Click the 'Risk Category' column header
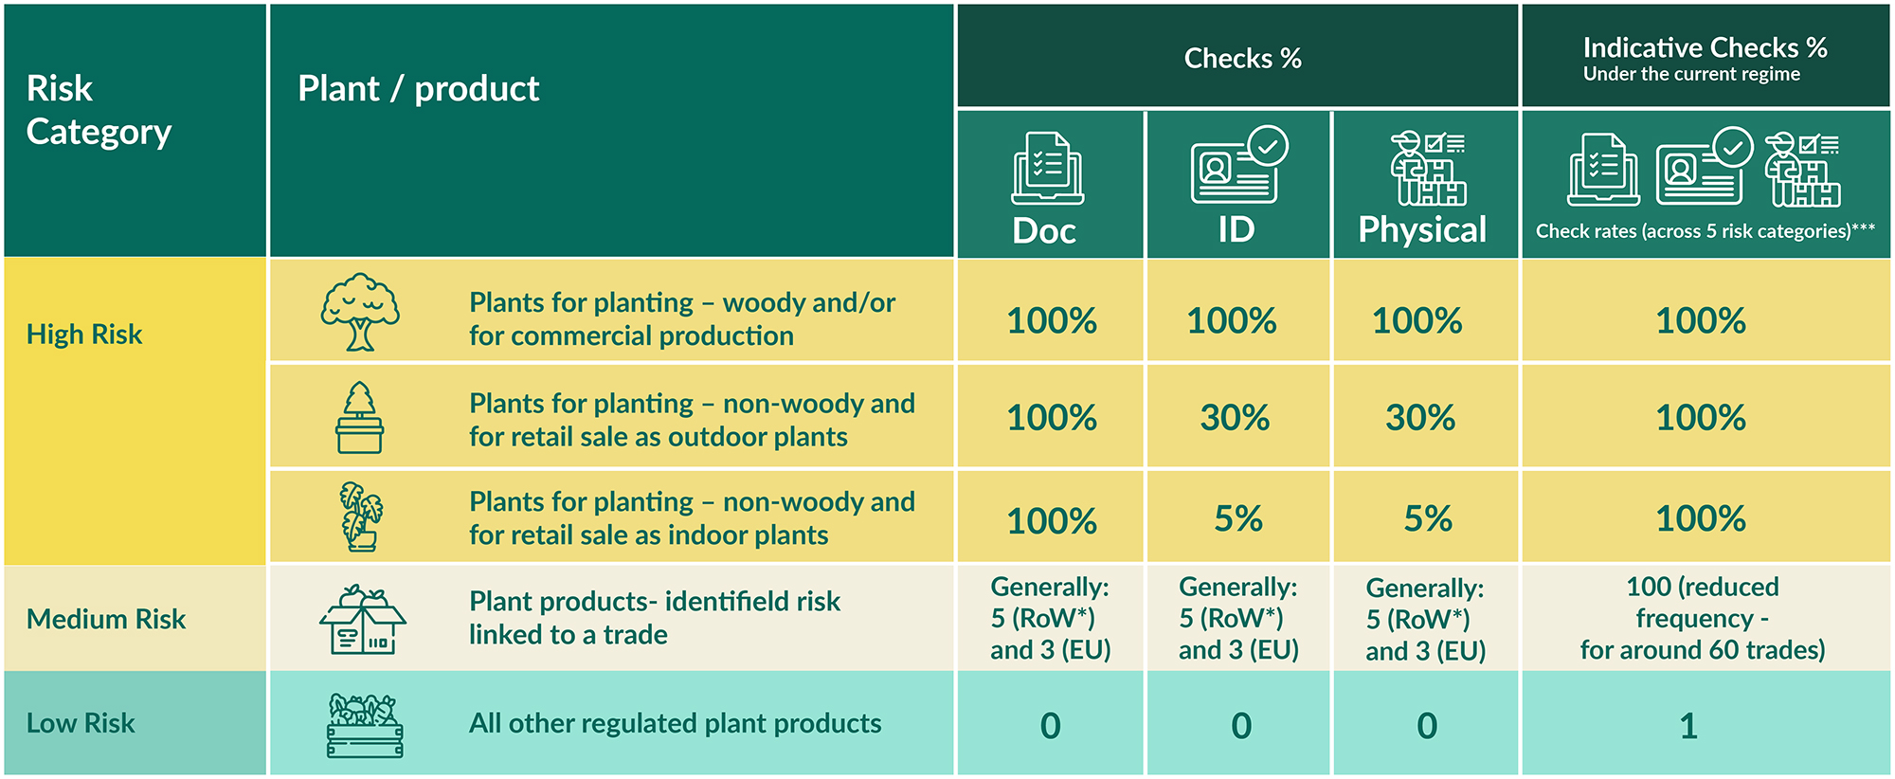(99, 110)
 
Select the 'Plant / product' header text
(418, 89)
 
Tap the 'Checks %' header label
(1242, 59)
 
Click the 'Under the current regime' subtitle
(1691, 74)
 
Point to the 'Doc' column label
(1044, 231)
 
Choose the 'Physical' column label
(1422, 229)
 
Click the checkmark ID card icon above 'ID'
(1239, 164)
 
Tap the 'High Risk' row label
(84, 335)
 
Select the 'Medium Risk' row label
(106, 619)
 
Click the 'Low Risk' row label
(81, 723)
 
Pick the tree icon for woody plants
(360, 313)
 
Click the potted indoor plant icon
(361, 516)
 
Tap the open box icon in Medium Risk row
(363, 620)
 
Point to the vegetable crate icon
(365, 725)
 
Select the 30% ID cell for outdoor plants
(1235, 418)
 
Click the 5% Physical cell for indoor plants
(1428, 518)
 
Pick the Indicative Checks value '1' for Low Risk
(1688, 726)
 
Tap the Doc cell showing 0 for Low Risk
(1050, 726)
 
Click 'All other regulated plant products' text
(675, 724)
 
